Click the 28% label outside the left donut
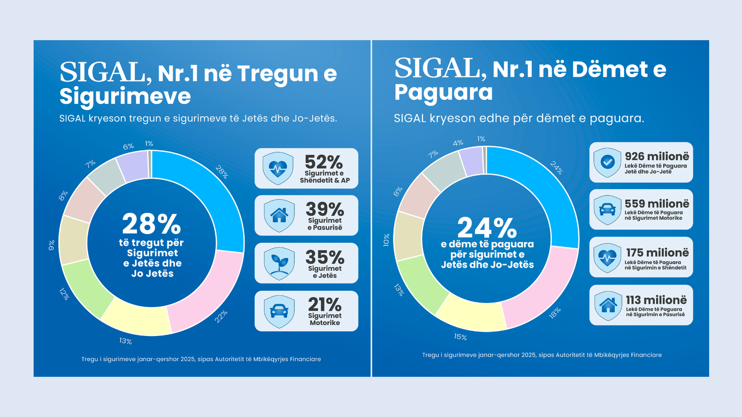[222, 172]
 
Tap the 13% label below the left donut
[125, 341]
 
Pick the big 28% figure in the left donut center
[151, 224]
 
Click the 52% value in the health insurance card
[324, 162]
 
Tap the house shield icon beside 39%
[279, 215]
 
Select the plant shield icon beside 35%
[279, 263]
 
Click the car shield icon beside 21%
[279, 311]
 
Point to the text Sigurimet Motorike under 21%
[325, 319]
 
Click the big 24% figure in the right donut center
[486, 228]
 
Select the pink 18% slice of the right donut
[543, 292]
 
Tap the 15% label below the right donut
[460, 337]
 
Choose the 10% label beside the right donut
[386, 240]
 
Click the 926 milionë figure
[657, 157]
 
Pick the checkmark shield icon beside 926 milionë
[608, 162]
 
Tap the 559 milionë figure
[657, 204]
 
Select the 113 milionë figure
[656, 300]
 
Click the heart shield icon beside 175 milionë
[608, 258]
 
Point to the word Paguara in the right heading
[443, 92]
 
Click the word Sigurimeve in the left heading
[125, 96]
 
